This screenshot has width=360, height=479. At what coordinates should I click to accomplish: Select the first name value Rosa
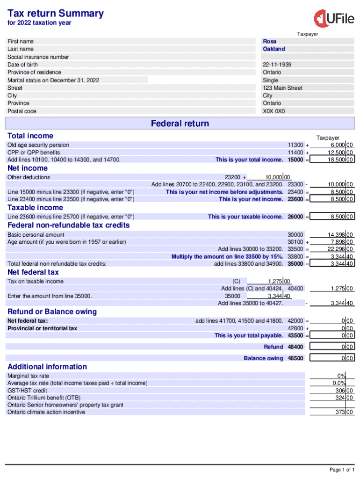(269, 41)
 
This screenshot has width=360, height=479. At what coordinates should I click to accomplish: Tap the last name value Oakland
(274, 49)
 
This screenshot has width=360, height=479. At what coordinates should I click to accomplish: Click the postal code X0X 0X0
(274, 111)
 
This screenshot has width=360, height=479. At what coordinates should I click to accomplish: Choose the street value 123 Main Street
(282, 88)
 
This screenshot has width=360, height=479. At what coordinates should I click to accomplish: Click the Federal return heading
(180, 123)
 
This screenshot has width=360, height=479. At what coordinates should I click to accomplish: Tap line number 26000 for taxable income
(295, 217)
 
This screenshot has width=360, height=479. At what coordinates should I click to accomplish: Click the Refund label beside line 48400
(274, 347)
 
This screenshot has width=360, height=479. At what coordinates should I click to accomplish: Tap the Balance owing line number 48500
(295, 358)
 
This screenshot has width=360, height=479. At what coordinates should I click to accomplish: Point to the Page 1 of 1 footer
(342, 470)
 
